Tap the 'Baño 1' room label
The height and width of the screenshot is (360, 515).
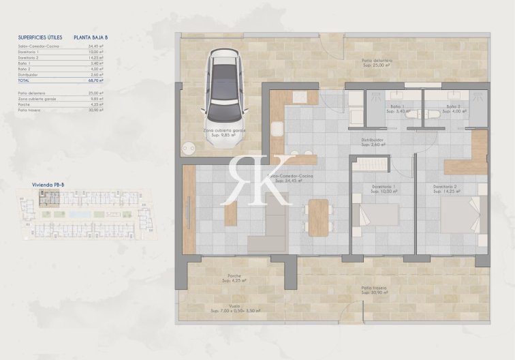[x=397, y=107]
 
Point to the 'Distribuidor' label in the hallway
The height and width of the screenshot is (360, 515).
[x=373, y=142]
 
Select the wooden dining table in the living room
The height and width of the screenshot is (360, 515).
[x=318, y=217]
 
